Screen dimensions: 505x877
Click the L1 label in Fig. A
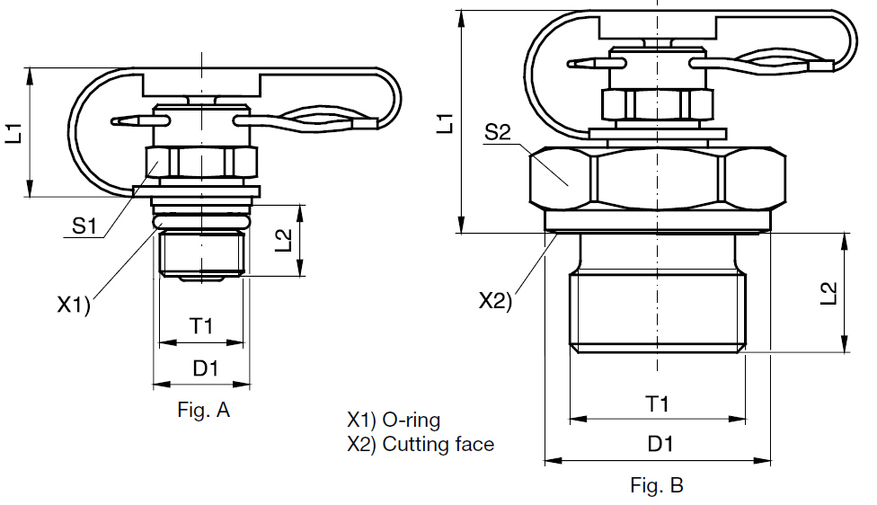14,134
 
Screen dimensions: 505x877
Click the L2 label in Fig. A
284,240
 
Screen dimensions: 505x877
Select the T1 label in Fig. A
201,327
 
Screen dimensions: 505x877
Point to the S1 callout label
84,226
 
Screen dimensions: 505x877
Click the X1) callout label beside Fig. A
74,305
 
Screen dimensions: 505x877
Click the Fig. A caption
204,412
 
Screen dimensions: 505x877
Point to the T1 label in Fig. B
658,404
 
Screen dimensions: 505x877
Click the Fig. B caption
657,486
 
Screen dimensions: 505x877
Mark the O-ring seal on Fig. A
201,219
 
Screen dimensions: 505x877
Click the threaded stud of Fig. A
201,253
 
